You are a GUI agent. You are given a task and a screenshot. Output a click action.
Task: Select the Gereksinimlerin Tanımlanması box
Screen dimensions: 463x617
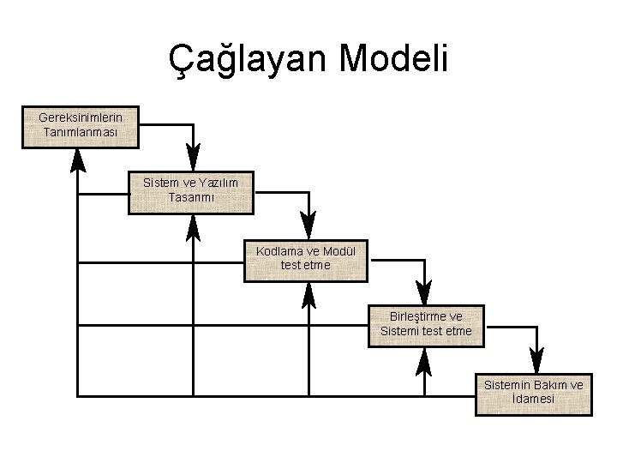pyautogui.click(x=81, y=126)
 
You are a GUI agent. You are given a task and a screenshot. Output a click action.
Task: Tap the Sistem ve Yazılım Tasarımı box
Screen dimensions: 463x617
pyautogui.click(x=190, y=191)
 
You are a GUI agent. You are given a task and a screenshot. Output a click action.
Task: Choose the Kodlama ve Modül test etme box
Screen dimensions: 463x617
pyautogui.click(x=305, y=260)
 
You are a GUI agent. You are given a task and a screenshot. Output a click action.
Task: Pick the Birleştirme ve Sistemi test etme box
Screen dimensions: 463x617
pyautogui.click(x=426, y=325)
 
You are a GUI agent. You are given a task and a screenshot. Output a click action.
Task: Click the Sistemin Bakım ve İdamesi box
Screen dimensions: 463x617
pyautogui.click(x=533, y=393)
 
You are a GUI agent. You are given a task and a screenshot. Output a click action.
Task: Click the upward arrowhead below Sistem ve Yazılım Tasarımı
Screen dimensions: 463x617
pyautogui.click(x=193, y=225)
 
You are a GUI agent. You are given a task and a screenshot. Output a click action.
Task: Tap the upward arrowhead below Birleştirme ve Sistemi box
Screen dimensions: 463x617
pyautogui.click(x=423, y=359)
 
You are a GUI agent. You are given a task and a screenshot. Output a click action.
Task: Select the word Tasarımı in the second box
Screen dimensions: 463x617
pyautogui.click(x=191, y=197)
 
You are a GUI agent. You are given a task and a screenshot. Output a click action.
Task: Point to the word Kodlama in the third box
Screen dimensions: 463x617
pyautogui.click(x=275, y=252)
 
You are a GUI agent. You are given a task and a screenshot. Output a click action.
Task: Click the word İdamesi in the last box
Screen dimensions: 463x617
pyautogui.click(x=532, y=400)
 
